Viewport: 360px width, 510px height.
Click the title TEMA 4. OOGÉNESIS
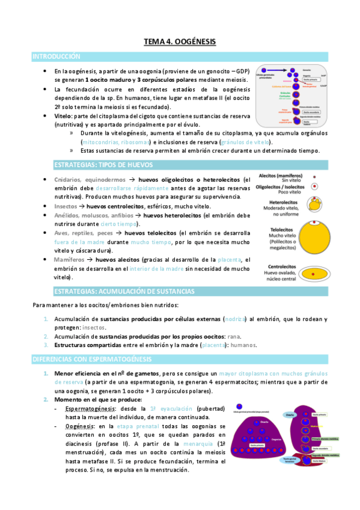(x=180, y=41)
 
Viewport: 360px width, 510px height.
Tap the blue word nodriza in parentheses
(x=235, y=319)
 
